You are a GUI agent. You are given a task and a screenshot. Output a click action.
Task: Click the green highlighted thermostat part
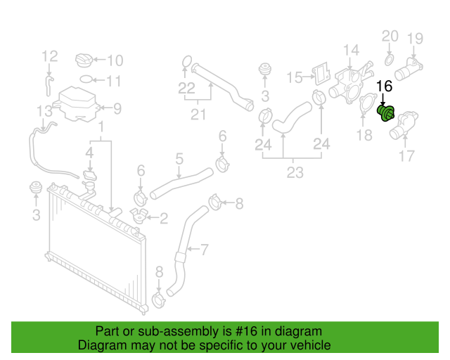387,113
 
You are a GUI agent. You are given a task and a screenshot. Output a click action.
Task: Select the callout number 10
115,60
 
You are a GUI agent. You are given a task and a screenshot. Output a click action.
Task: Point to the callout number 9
117,108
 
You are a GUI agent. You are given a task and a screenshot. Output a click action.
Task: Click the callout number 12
49,56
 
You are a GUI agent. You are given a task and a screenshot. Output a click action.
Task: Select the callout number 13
44,110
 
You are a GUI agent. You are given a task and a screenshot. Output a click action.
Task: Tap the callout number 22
186,88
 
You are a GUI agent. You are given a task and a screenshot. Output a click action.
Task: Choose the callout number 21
199,115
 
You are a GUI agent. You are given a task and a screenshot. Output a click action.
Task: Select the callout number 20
390,36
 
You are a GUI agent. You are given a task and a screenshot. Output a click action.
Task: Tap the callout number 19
415,38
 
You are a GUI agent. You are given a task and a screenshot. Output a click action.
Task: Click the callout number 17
407,157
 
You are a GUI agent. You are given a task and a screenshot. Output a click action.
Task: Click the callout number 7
205,249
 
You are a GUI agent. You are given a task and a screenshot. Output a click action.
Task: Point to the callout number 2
163,219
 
